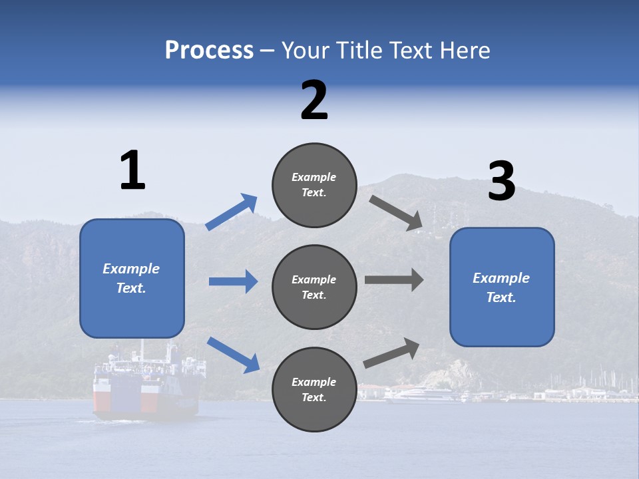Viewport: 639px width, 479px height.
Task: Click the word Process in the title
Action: (209, 51)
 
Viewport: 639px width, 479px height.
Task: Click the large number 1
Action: (132, 170)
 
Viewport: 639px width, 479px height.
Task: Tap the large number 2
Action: (314, 100)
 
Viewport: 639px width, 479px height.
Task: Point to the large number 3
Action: (501, 181)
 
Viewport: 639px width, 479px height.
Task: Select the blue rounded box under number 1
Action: (132, 278)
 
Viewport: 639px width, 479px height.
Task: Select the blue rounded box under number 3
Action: (502, 287)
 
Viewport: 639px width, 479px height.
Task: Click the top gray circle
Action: (314, 185)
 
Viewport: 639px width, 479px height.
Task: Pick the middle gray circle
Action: (314, 287)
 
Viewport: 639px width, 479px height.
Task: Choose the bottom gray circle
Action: (314, 389)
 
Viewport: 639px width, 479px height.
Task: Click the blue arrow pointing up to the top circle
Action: (231, 212)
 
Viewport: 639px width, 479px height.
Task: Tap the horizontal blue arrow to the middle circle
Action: (233, 281)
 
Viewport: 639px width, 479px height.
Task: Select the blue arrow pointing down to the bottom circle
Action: (233, 355)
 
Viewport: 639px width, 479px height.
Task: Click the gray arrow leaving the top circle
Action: (396, 213)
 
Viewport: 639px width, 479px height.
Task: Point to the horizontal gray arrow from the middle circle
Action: (394, 279)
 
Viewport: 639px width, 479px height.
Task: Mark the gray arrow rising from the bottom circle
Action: (391, 353)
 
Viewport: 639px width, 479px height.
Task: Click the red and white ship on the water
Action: (146, 389)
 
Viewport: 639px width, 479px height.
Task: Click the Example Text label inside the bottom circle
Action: (314, 389)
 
